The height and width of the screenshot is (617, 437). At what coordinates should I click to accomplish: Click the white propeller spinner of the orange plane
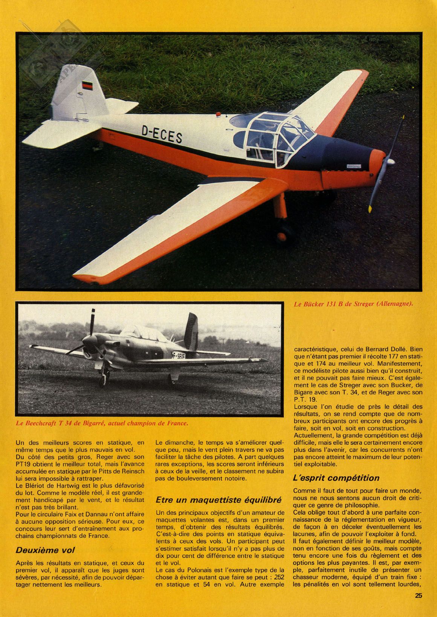pyautogui.click(x=390, y=162)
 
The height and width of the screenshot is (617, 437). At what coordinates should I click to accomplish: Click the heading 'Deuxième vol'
pyautogui.click(x=45, y=550)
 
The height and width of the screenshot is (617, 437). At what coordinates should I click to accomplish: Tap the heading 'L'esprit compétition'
pyautogui.click(x=336, y=478)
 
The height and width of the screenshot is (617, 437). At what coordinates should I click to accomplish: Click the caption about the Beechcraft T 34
pyautogui.click(x=101, y=423)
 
